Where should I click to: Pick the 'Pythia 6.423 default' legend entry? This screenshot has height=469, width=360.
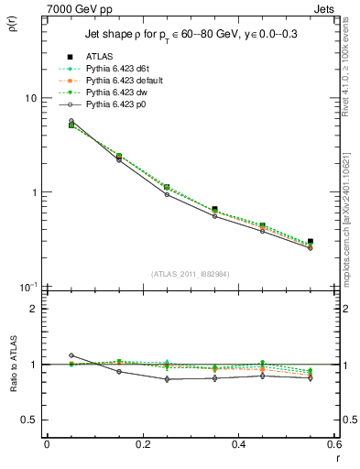coord(128,82)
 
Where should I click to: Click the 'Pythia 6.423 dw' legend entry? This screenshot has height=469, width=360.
coord(120,93)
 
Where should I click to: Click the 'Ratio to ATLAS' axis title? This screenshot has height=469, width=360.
coord(14,365)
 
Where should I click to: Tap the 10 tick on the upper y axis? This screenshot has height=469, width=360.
coord(31,98)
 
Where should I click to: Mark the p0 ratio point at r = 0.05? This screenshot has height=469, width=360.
coord(71,355)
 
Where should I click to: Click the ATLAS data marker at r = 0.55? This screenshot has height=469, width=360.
coord(311,242)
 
